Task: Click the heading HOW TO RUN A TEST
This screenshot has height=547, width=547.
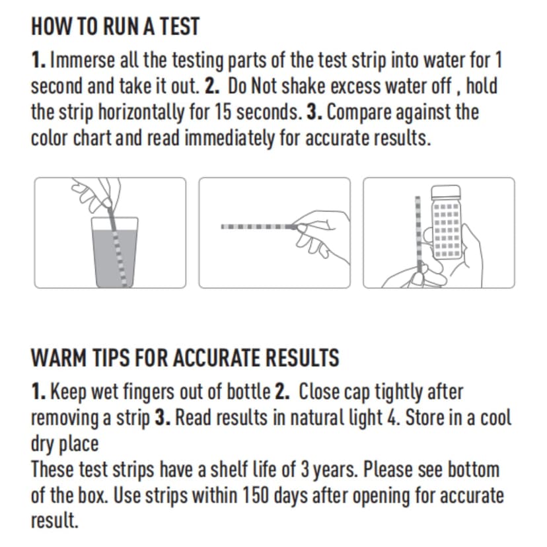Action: (x=115, y=26)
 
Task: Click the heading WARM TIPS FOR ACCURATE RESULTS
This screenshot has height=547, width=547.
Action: (x=185, y=358)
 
